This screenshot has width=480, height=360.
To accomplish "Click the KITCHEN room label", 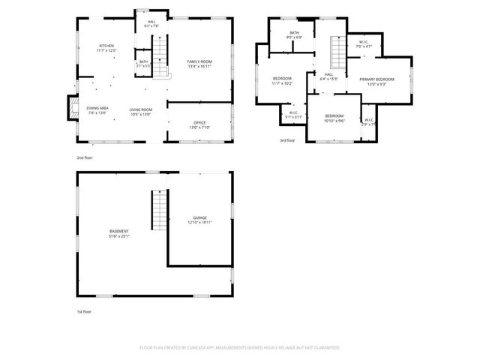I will tap(106, 46).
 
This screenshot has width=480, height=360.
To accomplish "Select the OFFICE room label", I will tap(199, 123).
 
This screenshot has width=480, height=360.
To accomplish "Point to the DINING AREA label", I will tap(97, 109).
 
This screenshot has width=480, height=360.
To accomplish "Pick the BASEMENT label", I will tap(118, 231).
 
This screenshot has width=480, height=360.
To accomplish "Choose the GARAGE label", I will tap(199, 217).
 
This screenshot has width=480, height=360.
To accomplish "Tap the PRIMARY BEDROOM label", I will tap(376, 79).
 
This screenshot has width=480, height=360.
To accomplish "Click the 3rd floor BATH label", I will tap(294, 33).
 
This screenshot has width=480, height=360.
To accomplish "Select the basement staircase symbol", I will tap(158, 211).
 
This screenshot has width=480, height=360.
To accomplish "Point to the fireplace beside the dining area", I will tap(73, 108).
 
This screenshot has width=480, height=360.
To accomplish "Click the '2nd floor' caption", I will tap(84, 157).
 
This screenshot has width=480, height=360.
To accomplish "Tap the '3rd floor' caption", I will tap(287, 140).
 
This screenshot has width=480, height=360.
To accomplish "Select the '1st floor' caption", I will tap(83, 310).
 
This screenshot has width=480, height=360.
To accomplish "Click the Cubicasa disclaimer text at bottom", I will tap(240, 348).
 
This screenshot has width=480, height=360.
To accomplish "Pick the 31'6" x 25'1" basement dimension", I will tap(118, 236).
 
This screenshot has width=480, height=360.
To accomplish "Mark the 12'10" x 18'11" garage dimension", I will tap(199, 222).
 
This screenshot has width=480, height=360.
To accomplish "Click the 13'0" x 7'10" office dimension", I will tap(199, 127).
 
